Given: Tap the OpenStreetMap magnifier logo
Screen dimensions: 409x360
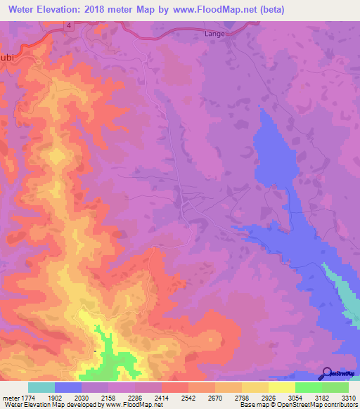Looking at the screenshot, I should (326, 373).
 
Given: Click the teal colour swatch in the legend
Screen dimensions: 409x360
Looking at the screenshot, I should (41, 387).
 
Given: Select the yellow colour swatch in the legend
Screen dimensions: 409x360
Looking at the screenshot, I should (282, 387).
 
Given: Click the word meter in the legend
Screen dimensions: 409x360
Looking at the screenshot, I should (11, 397).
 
